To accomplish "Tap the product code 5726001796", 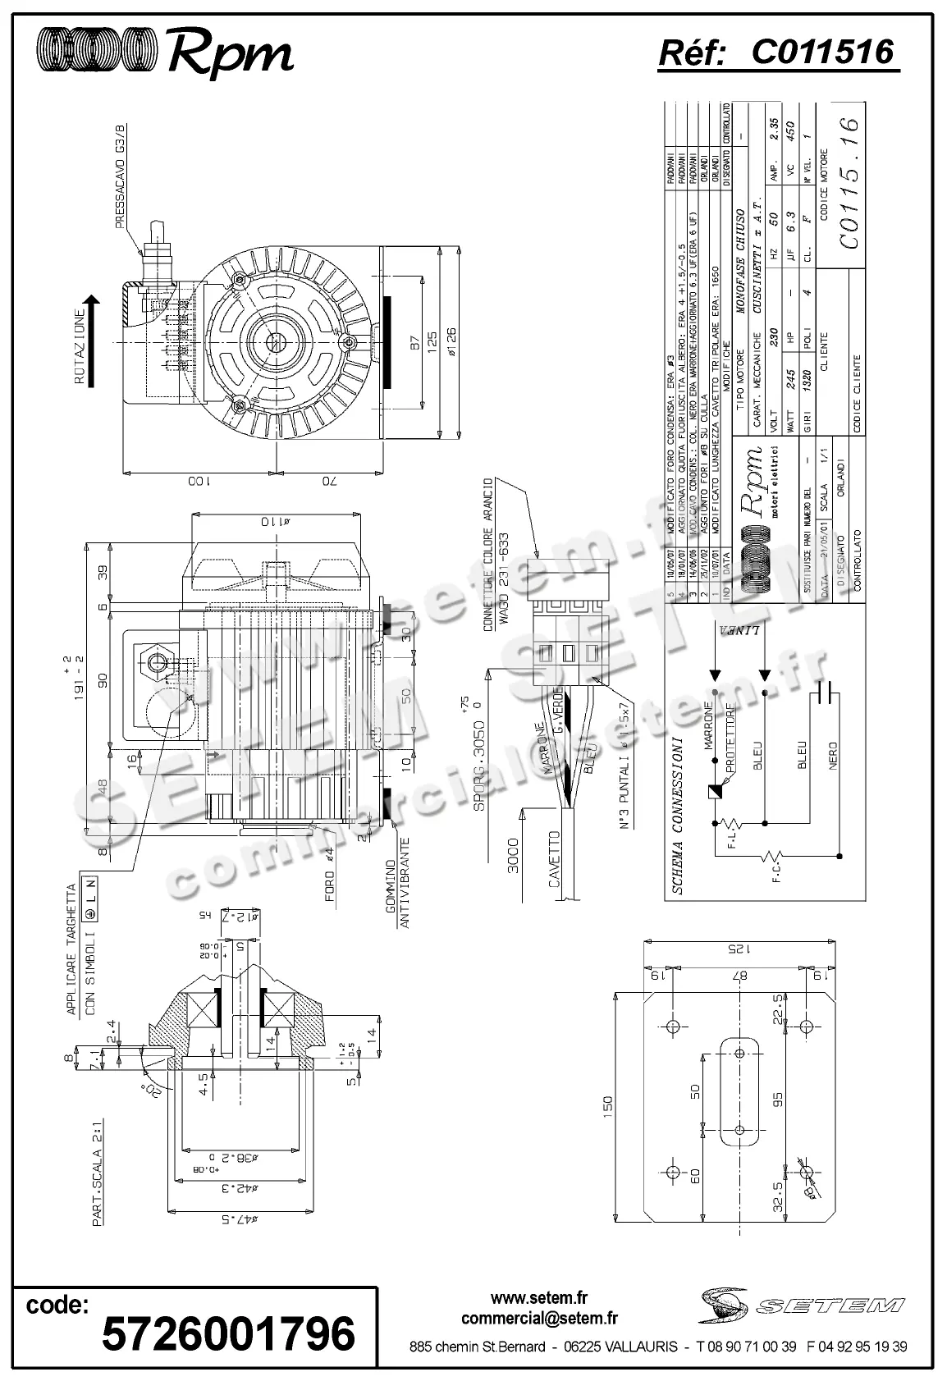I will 228,1331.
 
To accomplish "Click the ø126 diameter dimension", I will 451,337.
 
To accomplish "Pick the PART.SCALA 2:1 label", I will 98,1196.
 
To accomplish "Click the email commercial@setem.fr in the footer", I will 539,1319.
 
